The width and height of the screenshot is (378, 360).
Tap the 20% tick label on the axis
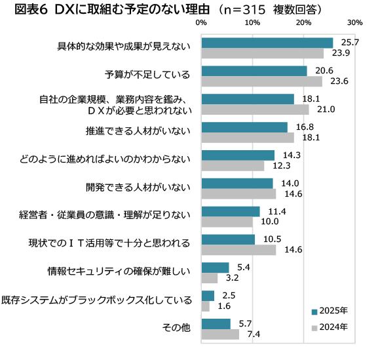[303, 23]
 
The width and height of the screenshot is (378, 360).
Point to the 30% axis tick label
[355, 23]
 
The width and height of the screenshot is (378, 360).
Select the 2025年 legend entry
[330, 310]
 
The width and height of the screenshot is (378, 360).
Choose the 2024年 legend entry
[330, 326]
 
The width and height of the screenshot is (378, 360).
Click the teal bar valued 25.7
[267, 43]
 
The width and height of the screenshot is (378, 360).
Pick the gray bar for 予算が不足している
[262, 81]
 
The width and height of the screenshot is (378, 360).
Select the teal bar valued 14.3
[238, 155]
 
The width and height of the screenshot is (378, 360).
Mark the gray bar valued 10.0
[227, 222]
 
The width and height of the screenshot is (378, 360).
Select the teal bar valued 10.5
[229, 239]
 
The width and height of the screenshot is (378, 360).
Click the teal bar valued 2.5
[208, 296]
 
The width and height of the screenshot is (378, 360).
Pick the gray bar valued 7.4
[221, 334]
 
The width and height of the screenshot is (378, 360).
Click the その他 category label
[176, 329]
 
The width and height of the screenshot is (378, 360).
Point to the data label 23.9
[341, 53]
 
